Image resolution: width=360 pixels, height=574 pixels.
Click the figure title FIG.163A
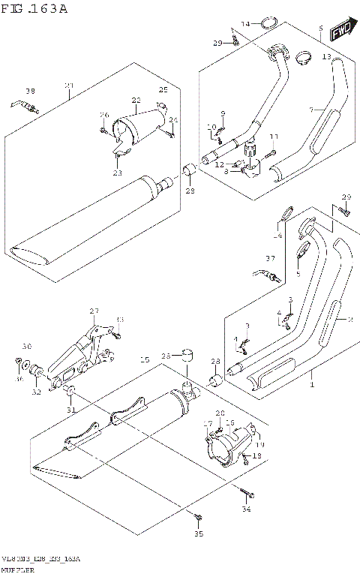click(34, 9)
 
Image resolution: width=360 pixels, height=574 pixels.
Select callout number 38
click(30, 92)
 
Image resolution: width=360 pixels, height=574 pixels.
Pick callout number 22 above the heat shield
click(136, 99)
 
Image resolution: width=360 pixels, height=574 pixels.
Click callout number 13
click(326, 57)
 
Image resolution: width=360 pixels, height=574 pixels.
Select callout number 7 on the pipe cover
click(310, 110)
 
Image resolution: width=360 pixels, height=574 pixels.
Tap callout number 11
click(274, 136)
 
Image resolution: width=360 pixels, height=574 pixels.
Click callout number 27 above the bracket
click(94, 311)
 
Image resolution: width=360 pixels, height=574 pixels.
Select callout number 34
click(246, 510)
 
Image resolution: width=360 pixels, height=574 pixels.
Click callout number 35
click(199, 534)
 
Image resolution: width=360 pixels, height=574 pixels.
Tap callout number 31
click(70, 409)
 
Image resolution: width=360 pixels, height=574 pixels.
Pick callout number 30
click(26, 347)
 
